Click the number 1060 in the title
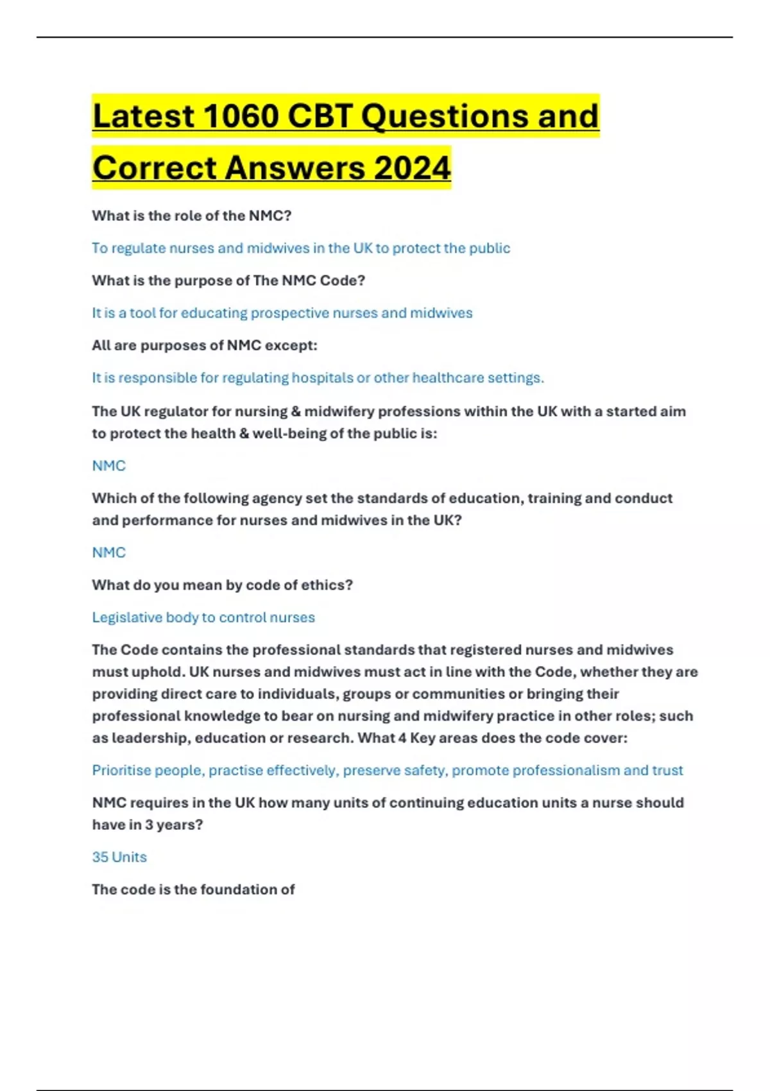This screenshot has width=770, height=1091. click(x=241, y=116)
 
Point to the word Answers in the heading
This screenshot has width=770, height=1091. click(x=294, y=168)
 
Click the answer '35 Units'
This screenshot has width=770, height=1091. click(x=119, y=857)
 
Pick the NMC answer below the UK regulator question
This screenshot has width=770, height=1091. click(x=108, y=465)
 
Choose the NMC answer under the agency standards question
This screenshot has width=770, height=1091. click(x=108, y=552)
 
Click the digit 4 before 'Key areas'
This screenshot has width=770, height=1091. click(x=402, y=738)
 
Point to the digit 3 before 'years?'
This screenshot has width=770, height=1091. click(x=149, y=825)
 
